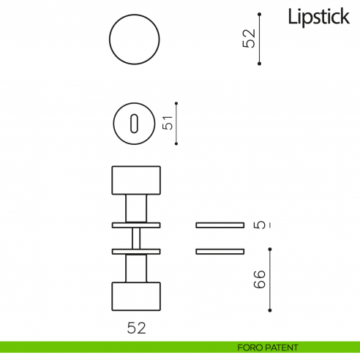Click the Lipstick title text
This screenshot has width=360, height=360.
[x=318, y=17]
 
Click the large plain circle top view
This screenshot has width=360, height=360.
[x=135, y=40]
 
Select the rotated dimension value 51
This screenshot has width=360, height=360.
[x=168, y=123]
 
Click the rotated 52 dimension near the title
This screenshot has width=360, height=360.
[x=250, y=39]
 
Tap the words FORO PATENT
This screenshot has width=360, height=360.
[x=267, y=347]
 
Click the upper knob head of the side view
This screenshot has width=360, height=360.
[x=135, y=181]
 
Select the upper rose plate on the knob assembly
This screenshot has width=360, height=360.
[x=135, y=224]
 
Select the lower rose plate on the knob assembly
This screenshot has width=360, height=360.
[x=135, y=252]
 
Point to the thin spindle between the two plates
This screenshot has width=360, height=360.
[x=135, y=238]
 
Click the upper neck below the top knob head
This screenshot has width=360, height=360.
[x=135, y=208]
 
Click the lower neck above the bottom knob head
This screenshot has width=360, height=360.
[x=135, y=268]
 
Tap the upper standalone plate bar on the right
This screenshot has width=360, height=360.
[x=220, y=224]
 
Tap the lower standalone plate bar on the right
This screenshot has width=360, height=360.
[x=220, y=252]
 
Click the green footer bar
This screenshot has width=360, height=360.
[x=110, y=347]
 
